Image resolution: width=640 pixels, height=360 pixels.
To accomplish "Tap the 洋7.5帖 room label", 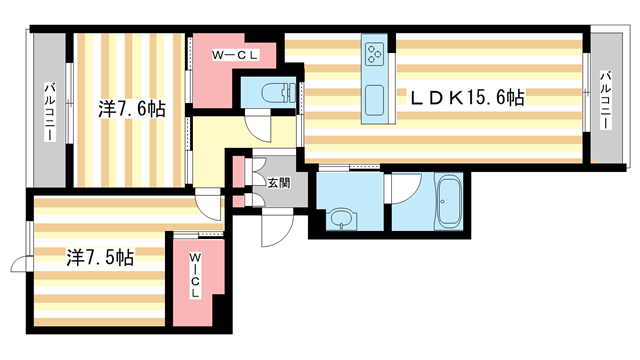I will coord(101,256).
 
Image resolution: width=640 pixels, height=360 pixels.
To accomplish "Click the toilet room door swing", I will coord(258,127).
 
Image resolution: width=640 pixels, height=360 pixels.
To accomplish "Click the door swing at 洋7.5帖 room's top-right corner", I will coord(208,205).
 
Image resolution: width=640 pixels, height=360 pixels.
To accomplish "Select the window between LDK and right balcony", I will coord(586,97).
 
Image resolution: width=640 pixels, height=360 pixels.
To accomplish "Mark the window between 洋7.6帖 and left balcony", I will coord(69,110).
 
